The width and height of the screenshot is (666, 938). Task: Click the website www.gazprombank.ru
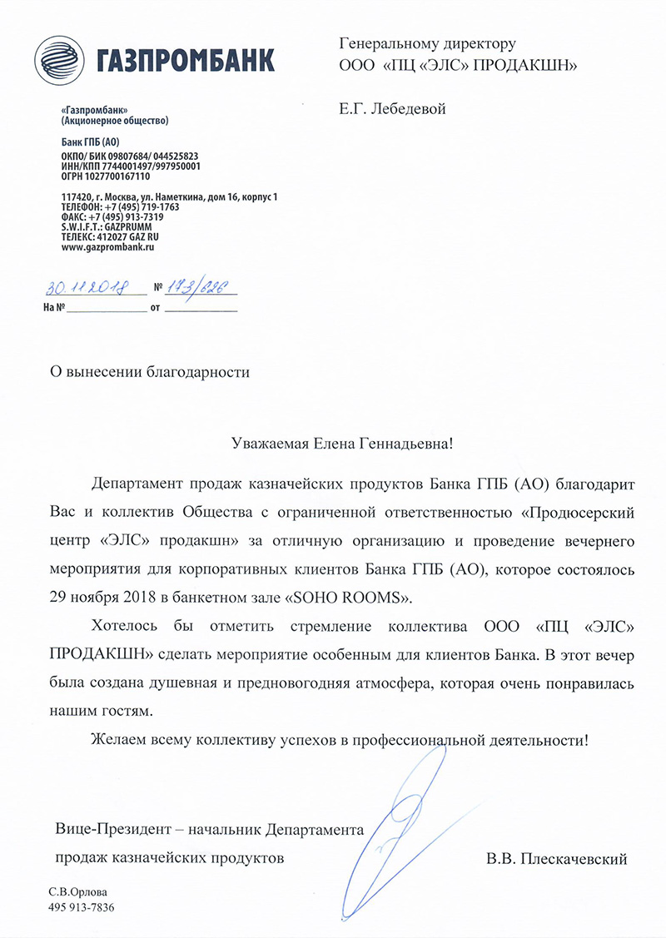coord(109,247)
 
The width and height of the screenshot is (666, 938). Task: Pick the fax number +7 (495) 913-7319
coord(126,216)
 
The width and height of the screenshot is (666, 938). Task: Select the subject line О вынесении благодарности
coord(150,373)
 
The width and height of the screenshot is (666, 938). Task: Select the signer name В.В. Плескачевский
coord(557,857)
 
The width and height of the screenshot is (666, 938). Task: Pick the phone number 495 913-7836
coord(82,907)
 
